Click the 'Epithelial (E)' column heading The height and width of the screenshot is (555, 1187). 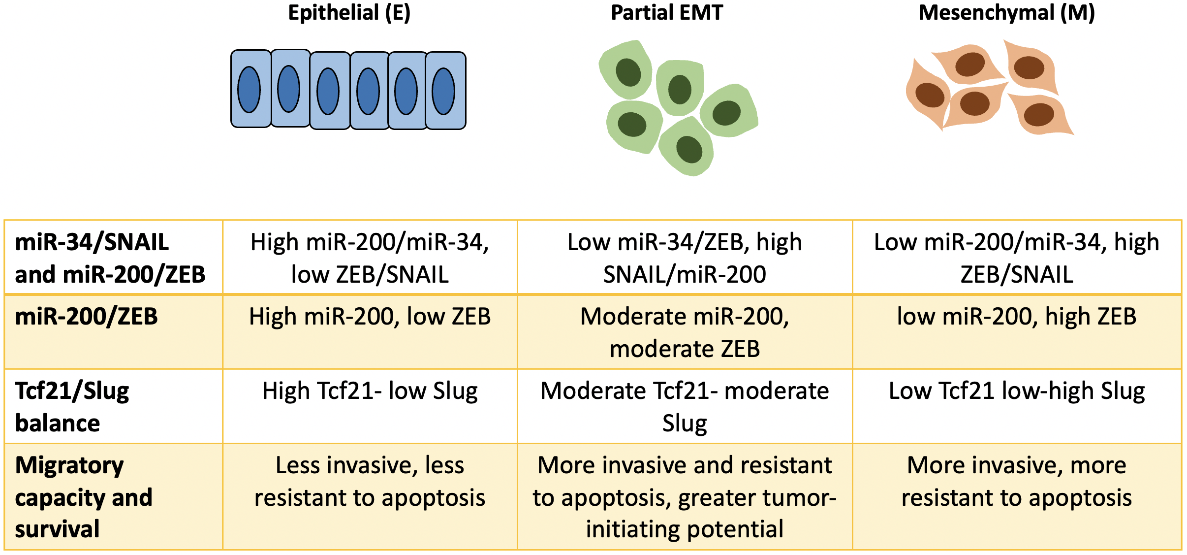point(349,13)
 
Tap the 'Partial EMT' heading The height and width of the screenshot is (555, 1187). point(667,13)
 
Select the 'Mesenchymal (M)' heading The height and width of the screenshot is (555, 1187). point(1006,13)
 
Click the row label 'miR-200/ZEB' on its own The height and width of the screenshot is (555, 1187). point(87,317)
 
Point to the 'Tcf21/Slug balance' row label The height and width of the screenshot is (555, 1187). point(72,406)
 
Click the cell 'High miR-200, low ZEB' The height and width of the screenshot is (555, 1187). point(370,317)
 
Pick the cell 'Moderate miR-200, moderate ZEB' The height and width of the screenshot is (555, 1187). point(685,332)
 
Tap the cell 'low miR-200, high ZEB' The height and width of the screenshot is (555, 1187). point(1017,317)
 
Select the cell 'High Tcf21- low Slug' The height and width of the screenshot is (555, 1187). point(370,392)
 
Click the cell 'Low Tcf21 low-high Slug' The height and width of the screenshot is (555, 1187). point(1017,392)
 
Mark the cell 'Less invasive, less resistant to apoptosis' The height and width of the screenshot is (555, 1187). point(370,481)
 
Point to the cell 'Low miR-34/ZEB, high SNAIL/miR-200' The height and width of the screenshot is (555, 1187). point(685,258)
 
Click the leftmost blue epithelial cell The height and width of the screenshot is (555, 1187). point(250,89)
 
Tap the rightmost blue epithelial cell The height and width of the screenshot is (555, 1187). point(445,91)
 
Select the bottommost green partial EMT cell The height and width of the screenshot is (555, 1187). point(687,148)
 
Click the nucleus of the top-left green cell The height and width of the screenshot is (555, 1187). point(628,72)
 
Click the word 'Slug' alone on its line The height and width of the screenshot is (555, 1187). point(685,424)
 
